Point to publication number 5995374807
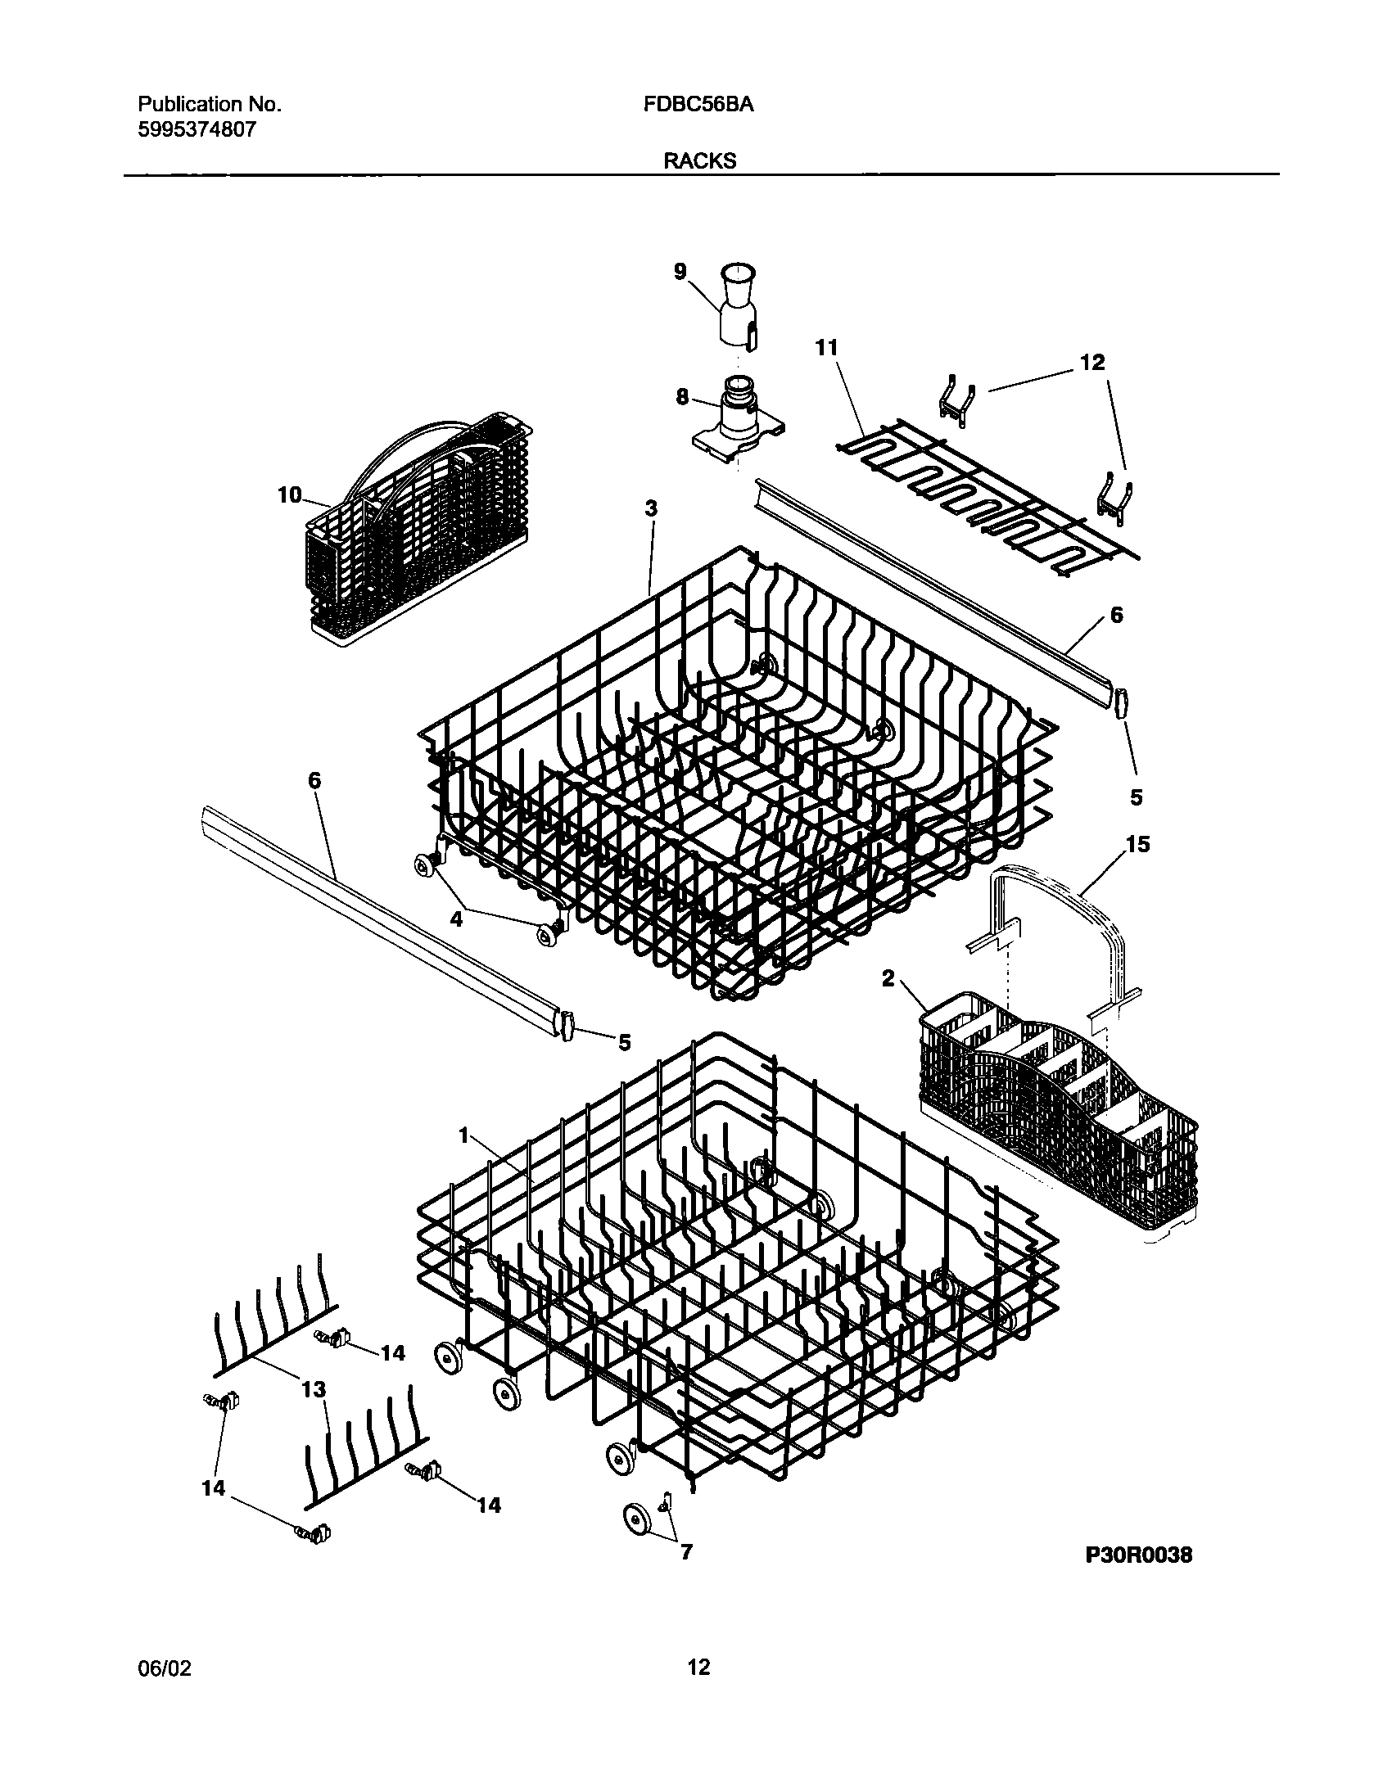pyautogui.click(x=197, y=129)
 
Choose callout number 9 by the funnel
pyautogui.click(x=680, y=273)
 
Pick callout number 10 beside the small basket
pyautogui.click(x=290, y=495)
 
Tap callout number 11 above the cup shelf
pyautogui.click(x=826, y=348)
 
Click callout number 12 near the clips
pyautogui.click(x=1092, y=362)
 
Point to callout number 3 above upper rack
pyautogui.click(x=651, y=508)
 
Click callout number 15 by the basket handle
pyautogui.click(x=1137, y=844)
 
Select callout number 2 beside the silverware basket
pyautogui.click(x=888, y=978)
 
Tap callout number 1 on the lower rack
pyautogui.click(x=464, y=1135)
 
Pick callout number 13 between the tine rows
pyautogui.click(x=314, y=1390)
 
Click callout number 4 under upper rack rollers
pyautogui.click(x=456, y=919)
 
